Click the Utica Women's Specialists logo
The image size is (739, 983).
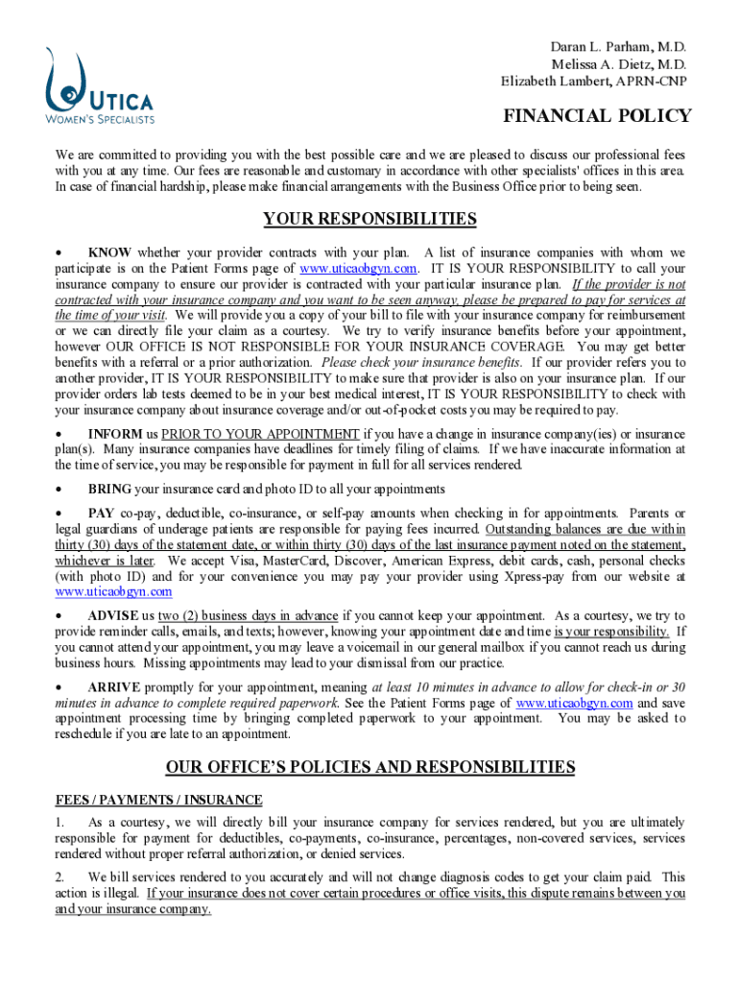pos(99,87)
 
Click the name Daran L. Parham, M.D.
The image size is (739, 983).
pos(618,46)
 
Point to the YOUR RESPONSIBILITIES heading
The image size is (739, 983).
pos(369,219)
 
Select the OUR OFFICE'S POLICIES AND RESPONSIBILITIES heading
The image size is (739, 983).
pos(369,767)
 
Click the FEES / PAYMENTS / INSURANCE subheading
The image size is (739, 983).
pos(158,800)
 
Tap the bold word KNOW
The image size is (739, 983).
pos(109,252)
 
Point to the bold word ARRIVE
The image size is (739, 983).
pos(114,687)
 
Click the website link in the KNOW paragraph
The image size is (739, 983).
pos(359,269)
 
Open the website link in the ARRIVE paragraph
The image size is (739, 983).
pos(574,703)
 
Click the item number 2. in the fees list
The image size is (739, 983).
pos(60,877)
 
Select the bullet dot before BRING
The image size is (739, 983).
pos(60,490)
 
